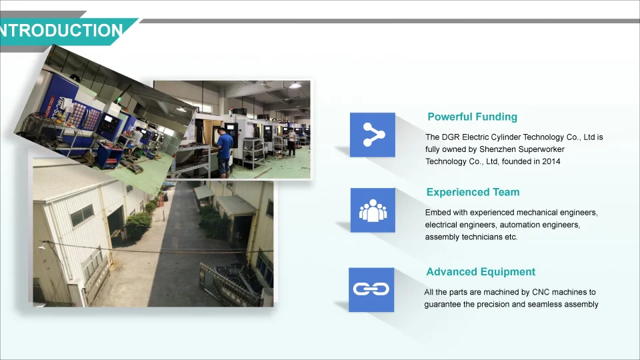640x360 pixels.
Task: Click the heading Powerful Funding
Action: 472,117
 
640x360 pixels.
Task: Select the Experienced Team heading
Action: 473,192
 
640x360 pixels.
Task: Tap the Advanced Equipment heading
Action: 481,272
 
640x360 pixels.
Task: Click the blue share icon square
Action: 373,135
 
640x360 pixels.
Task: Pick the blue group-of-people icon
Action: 373,210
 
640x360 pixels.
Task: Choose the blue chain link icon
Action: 371,290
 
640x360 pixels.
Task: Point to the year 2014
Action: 551,161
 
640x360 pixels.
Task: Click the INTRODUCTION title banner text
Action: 61,31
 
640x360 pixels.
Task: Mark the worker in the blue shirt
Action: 224,152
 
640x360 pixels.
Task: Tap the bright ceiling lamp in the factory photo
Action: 295,86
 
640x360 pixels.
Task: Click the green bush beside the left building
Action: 139,225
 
